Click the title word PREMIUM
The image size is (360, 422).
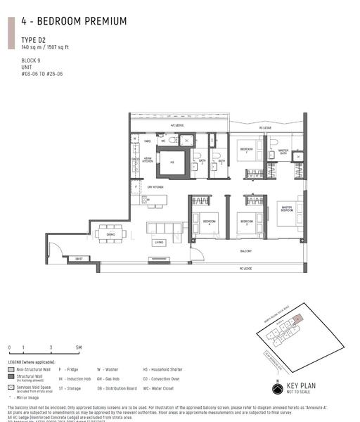click(102, 22)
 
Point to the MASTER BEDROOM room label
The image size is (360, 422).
click(286, 208)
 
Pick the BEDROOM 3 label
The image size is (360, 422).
click(245, 222)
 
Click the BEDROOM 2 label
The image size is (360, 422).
click(246, 149)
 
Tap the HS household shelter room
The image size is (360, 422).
click(171, 162)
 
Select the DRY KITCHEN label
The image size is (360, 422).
click(155, 187)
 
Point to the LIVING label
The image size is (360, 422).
click(159, 243)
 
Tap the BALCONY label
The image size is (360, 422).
click(245, 250)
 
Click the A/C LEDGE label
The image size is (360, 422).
click(177, 126)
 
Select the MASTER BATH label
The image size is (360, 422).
click(283, 151)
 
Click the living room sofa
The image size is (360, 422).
click(162, 229)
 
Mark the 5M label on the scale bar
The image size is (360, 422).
click(79, 347)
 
